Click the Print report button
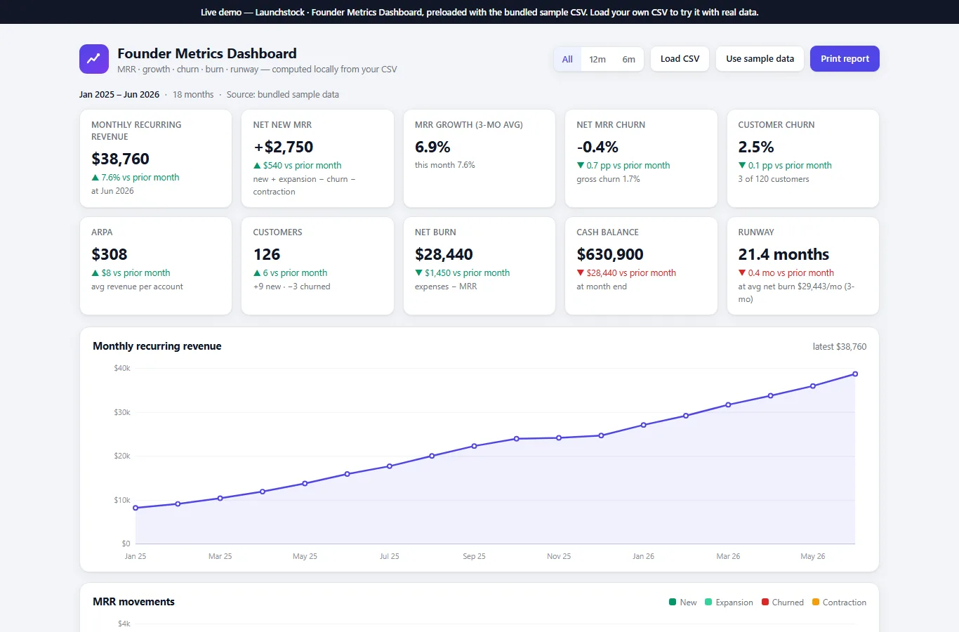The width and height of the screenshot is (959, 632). (845, 59)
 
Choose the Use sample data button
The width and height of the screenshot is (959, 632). (760, 59)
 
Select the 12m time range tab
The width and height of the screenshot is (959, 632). (597, 59)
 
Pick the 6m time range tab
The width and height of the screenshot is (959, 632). (628, 59)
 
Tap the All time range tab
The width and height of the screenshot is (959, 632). (567, 59)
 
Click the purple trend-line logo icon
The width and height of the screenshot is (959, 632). (94, 59)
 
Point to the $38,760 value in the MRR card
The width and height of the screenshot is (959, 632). (120, 159)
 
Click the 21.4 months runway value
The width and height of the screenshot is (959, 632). (783, 254)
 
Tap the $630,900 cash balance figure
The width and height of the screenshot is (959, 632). (609, 254)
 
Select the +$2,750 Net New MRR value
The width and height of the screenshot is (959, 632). (283, 147)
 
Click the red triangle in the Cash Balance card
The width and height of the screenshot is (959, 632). (580, 272)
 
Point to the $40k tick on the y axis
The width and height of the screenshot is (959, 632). (122, 368)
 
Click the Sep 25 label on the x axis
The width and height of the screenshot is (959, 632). (474, 556)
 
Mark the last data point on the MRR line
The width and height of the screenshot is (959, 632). (855, 374)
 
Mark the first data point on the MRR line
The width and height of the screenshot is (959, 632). (135, 508)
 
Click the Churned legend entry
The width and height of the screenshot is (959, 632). (783, 602)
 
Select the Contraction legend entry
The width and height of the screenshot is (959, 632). (839, 602)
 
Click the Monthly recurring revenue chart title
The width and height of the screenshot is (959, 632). (157, 346)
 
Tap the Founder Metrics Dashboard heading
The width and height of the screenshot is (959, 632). (207, 53)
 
